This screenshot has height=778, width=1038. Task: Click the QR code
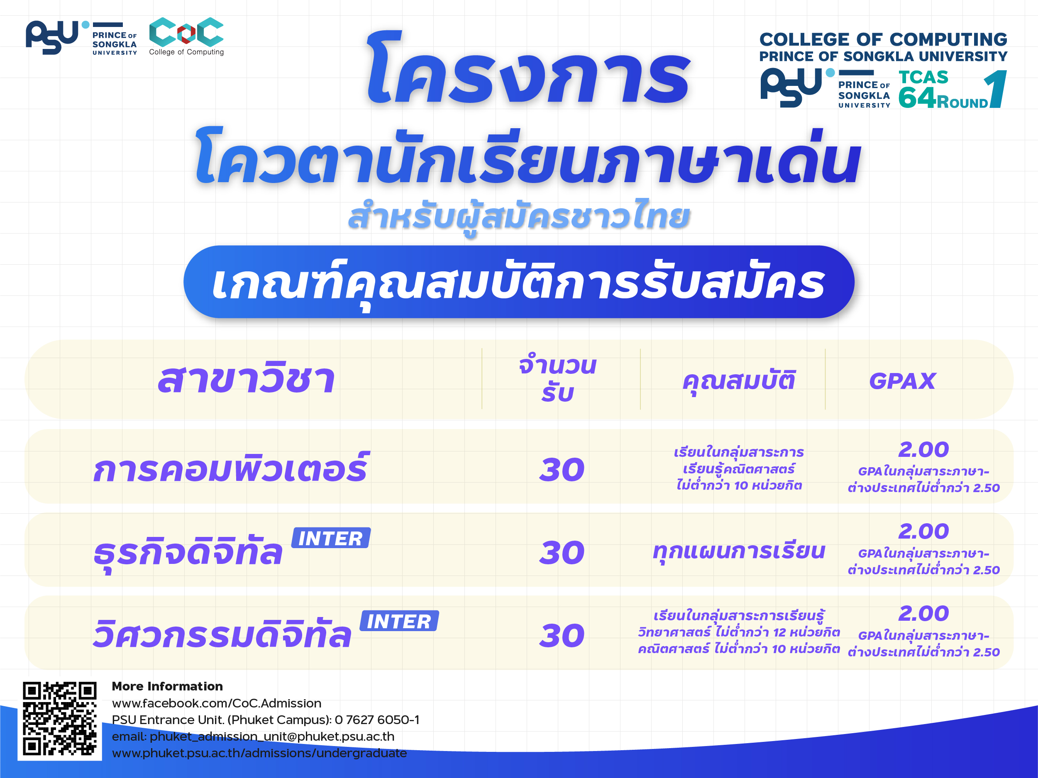point(60,718)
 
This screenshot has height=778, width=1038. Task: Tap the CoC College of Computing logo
point(186,37)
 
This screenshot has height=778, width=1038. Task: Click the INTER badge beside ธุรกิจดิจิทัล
point(331,538)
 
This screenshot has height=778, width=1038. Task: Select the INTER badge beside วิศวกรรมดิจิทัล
point(399,621)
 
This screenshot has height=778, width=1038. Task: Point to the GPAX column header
point(902,381)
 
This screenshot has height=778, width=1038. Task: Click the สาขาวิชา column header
point(247,378)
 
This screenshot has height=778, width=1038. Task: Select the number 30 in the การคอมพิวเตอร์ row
point(562,470)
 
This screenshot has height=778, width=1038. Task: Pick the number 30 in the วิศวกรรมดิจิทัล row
point(562,636)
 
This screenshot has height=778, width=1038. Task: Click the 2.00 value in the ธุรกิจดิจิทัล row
point(923,532)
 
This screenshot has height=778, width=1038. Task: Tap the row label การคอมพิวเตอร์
point(231,468)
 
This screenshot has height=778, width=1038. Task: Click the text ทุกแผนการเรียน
point(739,552)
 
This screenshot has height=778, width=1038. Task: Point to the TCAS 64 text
point(923,89)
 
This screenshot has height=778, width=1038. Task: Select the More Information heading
point(167,686)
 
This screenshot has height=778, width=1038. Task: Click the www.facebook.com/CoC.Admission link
point(216,703)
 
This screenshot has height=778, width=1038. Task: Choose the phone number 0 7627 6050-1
point(377,720)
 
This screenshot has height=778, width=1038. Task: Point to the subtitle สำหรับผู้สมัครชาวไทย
point(519,217)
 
